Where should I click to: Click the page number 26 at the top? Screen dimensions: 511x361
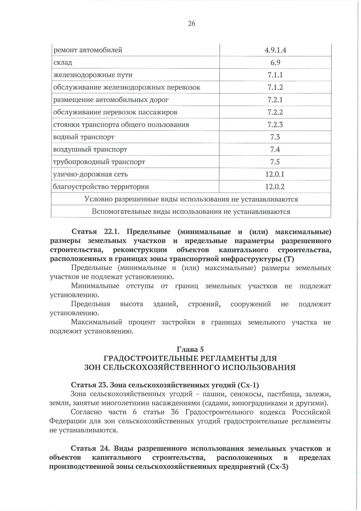click(x=191, y=23)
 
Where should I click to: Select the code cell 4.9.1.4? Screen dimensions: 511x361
click(x=275, y=50)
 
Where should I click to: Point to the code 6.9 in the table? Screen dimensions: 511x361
click(x=275, y=63)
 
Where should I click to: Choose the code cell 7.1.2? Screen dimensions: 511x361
click(x=275, y=88)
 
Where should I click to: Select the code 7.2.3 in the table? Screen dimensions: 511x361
click(x=275, y=125)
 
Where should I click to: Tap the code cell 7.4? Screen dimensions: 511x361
click(x=275, y=150)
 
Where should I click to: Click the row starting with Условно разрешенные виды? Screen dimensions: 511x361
click(x=191, y=199)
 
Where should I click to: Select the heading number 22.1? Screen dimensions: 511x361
click(x=112, y=232)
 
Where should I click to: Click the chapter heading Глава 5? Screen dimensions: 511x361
click(x=190, y=349)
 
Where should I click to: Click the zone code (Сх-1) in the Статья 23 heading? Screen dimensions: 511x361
click(x=248, y=385)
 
